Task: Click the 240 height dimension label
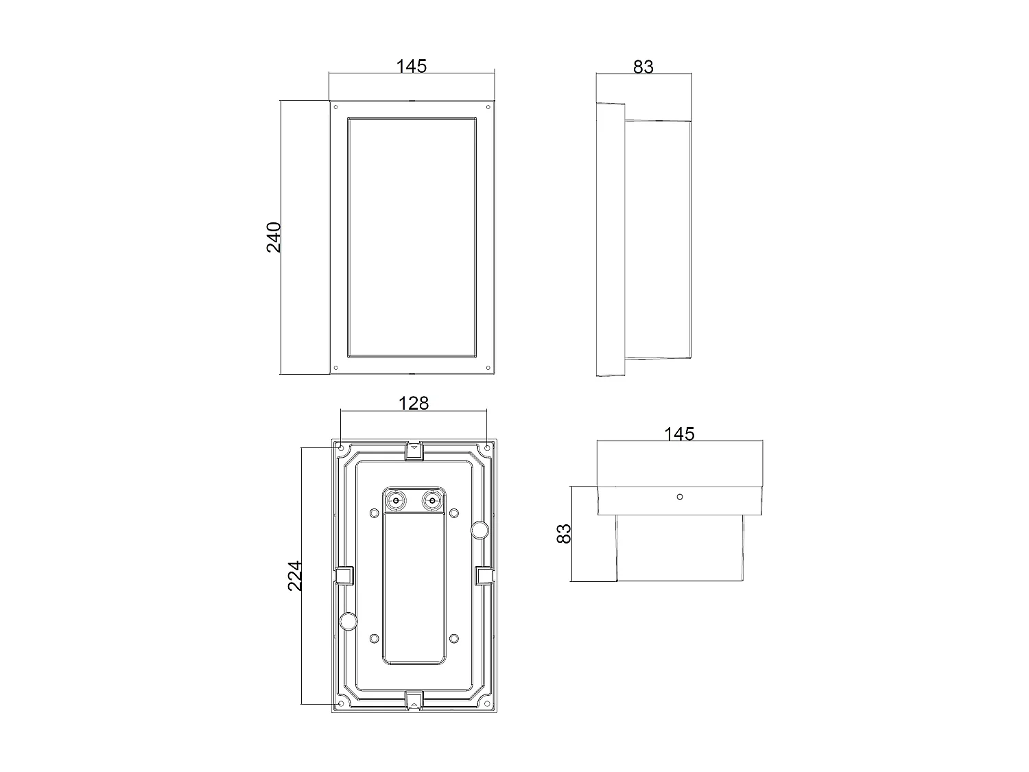(x=274, y=237)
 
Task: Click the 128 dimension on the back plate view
(x=414, y=403)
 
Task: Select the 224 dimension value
(x=295, y=576)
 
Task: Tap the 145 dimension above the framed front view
(x=412, y=66)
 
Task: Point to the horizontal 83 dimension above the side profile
(x=643, y=67)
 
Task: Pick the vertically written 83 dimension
(x=564, y=533)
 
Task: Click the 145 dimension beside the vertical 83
(x=679, y=434)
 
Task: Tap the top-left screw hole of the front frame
(x=335, y=107)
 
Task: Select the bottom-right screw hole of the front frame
(x=488, y=368)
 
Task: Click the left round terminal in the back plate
(x=396, y=501)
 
